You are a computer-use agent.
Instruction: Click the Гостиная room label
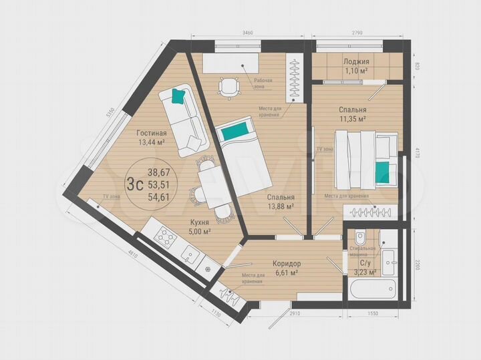click(x=151, y=132)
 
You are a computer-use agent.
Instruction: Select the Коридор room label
click(x=287, y=263)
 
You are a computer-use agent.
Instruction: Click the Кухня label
click(x=199, y=222)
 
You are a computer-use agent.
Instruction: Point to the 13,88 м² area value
click(x=281, y=207)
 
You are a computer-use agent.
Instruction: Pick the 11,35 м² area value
click(x=352, y=118)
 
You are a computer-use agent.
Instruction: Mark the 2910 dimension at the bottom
click(x=295, y=313)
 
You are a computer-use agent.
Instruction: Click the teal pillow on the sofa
click(x=178, y=97)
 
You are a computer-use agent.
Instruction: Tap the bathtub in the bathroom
click(x=370, y=289)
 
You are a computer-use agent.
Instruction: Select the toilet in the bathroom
click(x=360, y=237)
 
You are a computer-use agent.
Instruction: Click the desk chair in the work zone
click(x=228, y=87)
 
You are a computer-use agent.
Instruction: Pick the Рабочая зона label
click(x=263, y=83)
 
